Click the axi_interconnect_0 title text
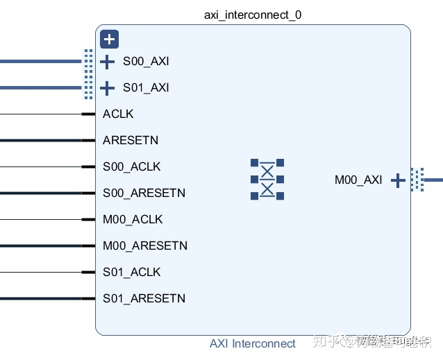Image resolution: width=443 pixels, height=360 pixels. pyautogui.click(x=253, y=15)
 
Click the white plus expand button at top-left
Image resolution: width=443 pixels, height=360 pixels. pyautogui.click(x=108, y=39)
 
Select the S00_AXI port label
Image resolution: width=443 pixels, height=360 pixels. pyautogui.click(x=146, y=62)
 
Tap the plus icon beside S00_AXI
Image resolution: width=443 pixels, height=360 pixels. pyautogui.click(x=108, y=62)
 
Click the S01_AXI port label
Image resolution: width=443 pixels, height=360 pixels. pyautogui.click(x=146, y=88)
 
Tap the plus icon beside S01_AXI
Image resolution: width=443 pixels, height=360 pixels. pyautogui.click(x=108, y=88)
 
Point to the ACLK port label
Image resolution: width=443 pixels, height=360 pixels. pyautogui.click(x=118, y=114)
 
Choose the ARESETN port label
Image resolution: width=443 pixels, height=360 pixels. pyautogui.click(x=131, y=140)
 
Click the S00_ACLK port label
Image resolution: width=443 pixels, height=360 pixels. pyautogui.click(x=132, y=166)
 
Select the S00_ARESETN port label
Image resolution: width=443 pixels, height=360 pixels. pyautogui.click(x=144, y=193)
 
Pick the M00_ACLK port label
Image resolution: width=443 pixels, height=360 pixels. pyautogui.click(x=133, y=219)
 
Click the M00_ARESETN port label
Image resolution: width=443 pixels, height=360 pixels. pyautogui.click(x=145, y=246)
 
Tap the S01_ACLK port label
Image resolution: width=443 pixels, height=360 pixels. pyautogui.click(x=132, y=272)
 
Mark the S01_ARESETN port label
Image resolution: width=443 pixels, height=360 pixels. pyautogui.click(x=144, y=298)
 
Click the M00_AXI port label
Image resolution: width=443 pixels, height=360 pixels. pyautogui.click(x=358, y=180)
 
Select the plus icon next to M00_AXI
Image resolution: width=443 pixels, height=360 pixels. pyautogui.click(x=398, y=180)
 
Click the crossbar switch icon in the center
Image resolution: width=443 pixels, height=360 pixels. pyautogui.click(x=267, y=180)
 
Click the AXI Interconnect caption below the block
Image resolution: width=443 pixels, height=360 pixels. pyautogui.click(x=253, y=343)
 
